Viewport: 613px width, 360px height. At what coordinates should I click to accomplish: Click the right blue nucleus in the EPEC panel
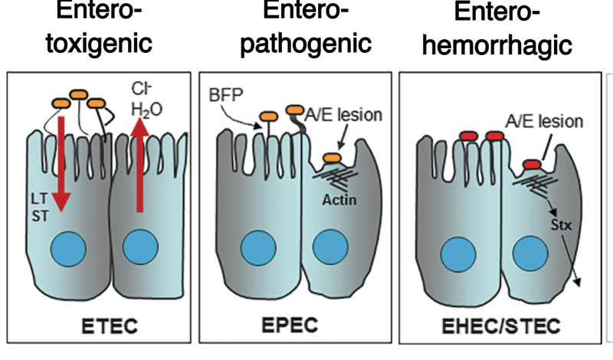point(331,250)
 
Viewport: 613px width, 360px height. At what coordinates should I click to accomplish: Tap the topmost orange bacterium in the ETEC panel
point(78,94)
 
